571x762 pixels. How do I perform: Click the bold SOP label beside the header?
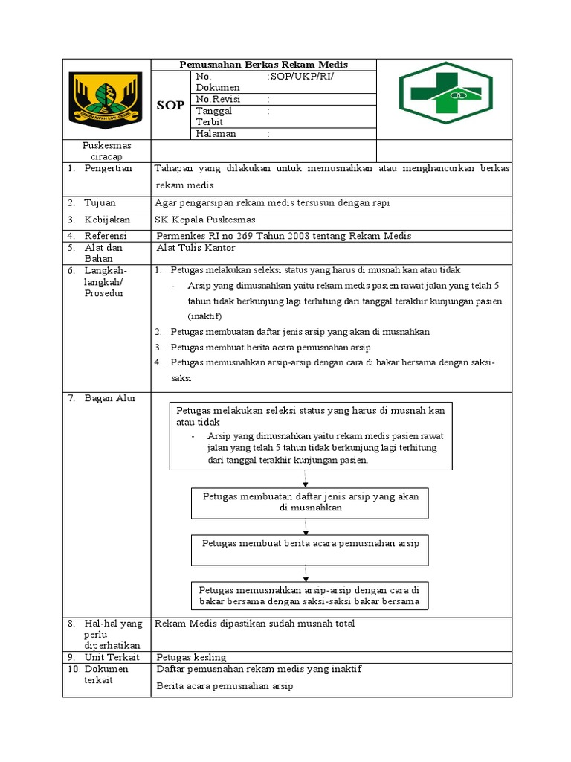(x=170, y=106)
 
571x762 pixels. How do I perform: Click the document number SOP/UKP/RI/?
(x=301, y=77)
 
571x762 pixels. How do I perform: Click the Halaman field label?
(x=216, y=134)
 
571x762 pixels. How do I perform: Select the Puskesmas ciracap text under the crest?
(x=107, y=151)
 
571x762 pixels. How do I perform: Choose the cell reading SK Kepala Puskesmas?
(x=204, y=220)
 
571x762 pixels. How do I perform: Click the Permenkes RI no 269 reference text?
(x=283, y=236)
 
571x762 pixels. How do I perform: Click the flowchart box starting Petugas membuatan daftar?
(x=310, y=503)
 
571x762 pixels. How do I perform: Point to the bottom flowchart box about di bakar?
(x=310, y=595)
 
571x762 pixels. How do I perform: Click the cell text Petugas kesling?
(x=192, y=657)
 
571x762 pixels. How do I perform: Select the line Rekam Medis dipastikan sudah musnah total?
(x=254, y=624)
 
